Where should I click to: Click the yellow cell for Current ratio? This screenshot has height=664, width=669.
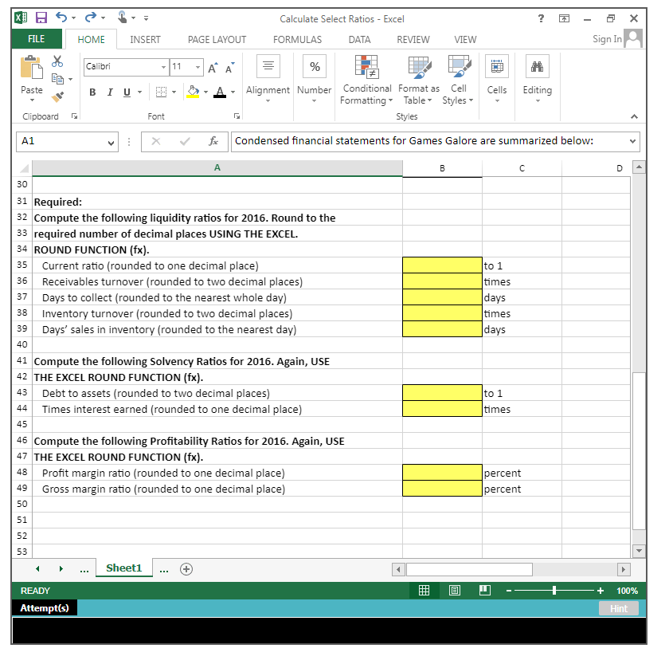442,265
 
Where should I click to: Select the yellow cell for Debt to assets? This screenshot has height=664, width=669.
442,393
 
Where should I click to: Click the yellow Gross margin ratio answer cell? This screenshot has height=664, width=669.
442,489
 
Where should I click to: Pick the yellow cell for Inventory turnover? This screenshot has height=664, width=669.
442,313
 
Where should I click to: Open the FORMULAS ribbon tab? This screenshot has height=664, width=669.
297,40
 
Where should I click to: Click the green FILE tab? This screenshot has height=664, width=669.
37,39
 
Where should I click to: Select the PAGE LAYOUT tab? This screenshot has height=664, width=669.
217,40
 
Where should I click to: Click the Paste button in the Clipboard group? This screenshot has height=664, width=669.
32,78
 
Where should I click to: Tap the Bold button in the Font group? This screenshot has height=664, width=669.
92,92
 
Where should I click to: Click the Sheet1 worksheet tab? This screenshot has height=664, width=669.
123,568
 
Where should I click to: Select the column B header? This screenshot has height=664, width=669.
442,168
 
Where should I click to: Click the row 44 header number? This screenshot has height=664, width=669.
22,409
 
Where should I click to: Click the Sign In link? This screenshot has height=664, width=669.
607,39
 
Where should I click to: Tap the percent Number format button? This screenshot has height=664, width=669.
315,67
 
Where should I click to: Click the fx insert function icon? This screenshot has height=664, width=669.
213,141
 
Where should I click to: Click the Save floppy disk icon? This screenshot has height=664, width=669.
41,18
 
